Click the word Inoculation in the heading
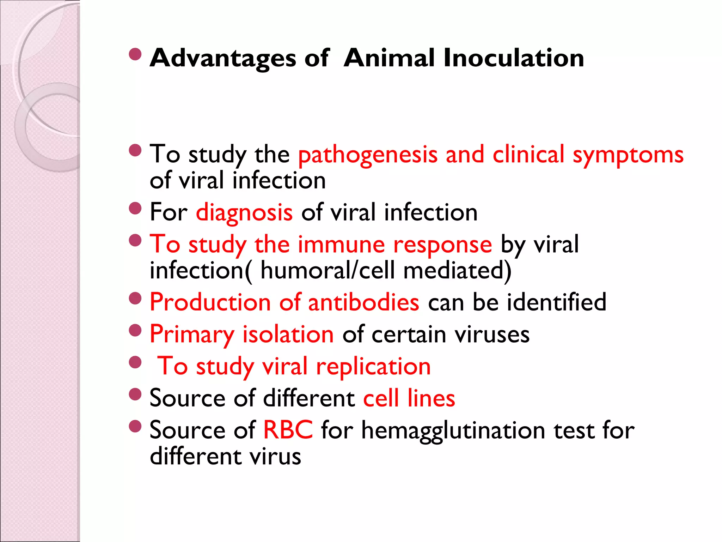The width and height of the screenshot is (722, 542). (513, 58)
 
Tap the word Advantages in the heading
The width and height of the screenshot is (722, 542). (223, 58)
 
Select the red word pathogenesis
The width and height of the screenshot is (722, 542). (368, 155)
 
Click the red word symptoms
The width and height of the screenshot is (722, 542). (628, 155)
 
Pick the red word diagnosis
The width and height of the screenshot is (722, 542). (244, 213)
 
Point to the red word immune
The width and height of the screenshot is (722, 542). (341, 245)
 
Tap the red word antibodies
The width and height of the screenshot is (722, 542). (363, 303)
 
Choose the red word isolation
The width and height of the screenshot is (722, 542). (288, 335)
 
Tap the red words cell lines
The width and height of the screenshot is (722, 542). (409, 399)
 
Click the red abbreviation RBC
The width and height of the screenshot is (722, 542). (288, 430)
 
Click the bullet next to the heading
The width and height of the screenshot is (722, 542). (135, 54)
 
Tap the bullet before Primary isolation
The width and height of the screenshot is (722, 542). (135, 331)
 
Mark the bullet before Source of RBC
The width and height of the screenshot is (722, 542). (135, 426)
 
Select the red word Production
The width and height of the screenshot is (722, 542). (210, 303)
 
